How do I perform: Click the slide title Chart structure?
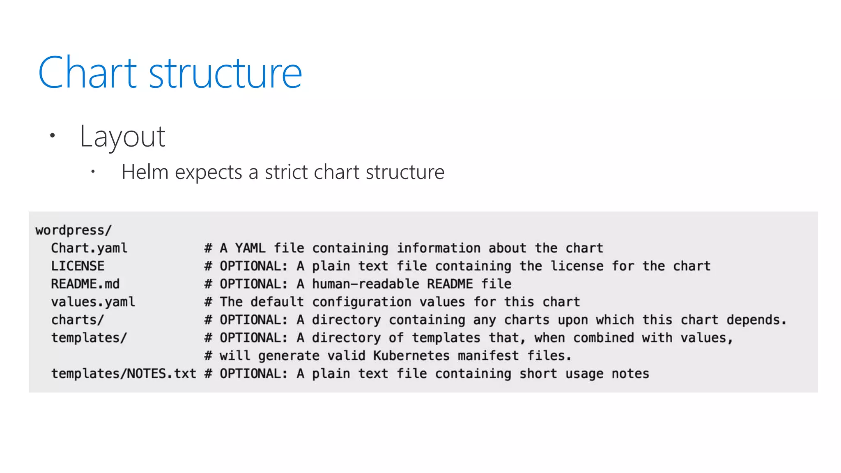pyautogui.click(x=170, y=73)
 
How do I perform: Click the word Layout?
pyautogui.click(x=122, y=136)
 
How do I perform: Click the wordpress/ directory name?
pyautogui.click(x=74, y=230)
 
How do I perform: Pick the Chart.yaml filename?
pyautogui.click(x=89, y=248)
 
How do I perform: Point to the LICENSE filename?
pyautogui.click(x=78, y=266)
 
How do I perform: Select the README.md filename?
pyautogui.click(x=85, y=284)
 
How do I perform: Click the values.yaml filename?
pyautogui.click(x=93, y=302)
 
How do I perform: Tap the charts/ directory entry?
pyautogui.click(x=78, y=320)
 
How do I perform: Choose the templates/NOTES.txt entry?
pyautogui.click(x=123, y=374)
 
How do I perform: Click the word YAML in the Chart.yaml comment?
pyautogui.click(x=250, y=248)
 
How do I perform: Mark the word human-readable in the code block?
pyautogui.click(x=365, y=284)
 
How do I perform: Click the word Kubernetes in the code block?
pyautogui.click(x=411, y=356)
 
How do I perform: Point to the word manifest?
pyautogui.click(x=488, y=356)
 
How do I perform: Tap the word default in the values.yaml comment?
pyautogui.click(x=277, y=302)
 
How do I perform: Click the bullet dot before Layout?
pyautogui.click(x=52, y=135)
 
